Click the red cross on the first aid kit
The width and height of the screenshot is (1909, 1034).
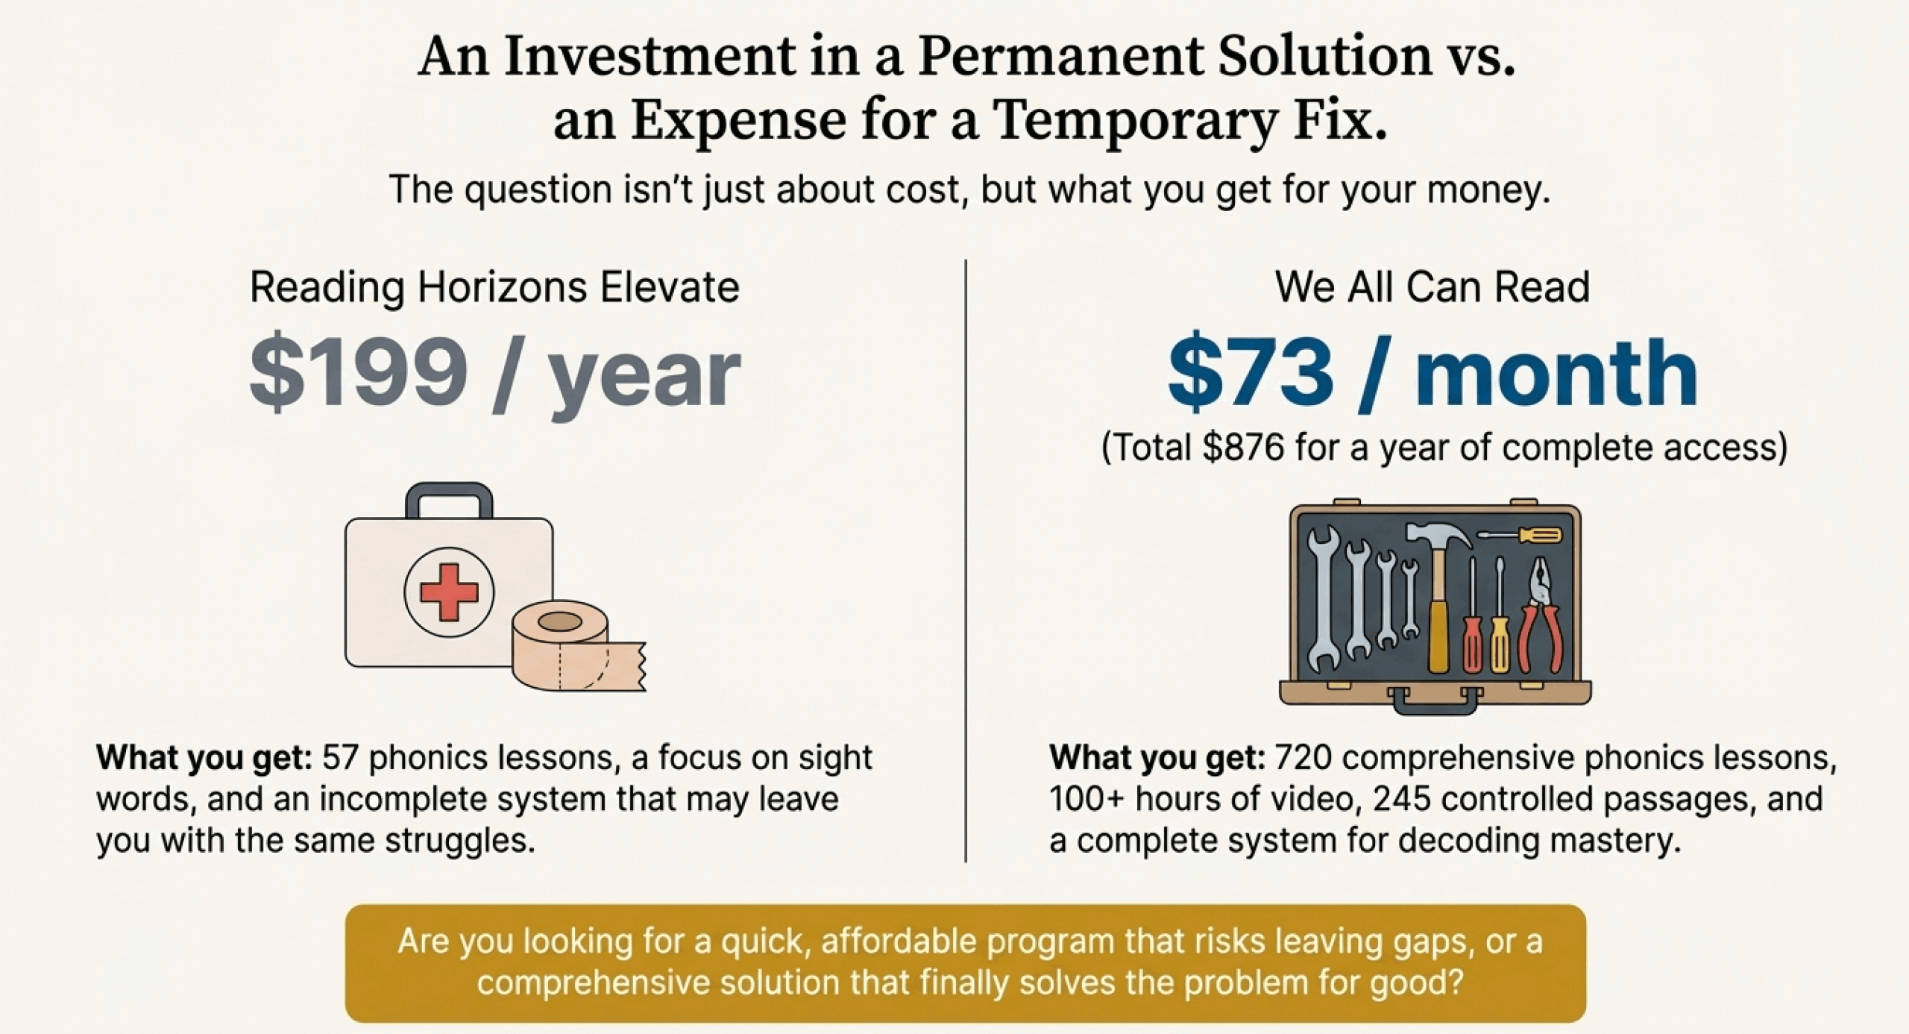[448, 592]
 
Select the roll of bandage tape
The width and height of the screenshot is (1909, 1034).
[579, 646]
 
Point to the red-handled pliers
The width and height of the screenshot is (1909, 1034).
[1541, 616]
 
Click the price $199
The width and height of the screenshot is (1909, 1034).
[359, 371]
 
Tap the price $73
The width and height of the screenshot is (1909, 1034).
[1251, 371]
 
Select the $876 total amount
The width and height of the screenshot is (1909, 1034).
[1243, 448]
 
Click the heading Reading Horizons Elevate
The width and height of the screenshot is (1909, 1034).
[494, 288]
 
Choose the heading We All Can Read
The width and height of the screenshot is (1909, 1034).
[1432, 287]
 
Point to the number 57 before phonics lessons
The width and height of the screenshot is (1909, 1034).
[340, 758]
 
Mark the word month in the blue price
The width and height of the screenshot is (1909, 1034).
[1556, 371]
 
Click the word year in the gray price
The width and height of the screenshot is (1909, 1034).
[644, 377]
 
